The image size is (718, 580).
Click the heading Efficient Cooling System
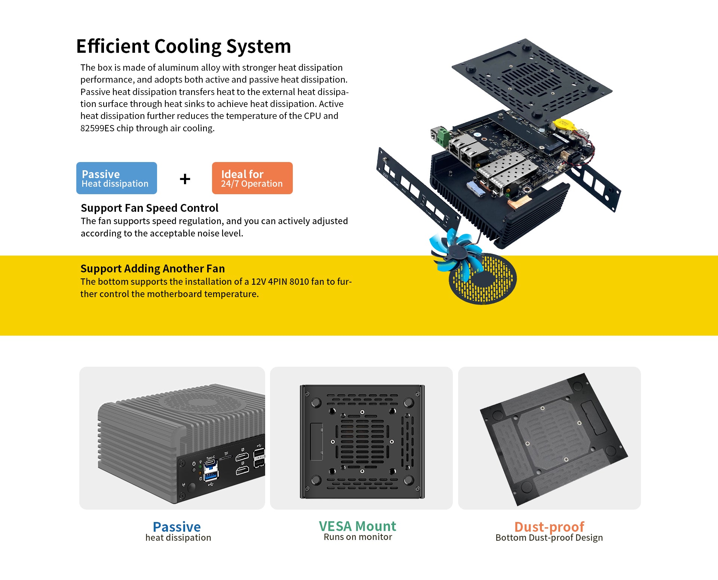coord(184,47)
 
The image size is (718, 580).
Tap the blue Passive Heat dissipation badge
coord(117,178)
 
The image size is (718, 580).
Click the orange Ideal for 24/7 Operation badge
coord(252,178)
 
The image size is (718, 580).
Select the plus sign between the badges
coord(185,179)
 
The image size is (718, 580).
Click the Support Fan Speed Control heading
coord(150,208)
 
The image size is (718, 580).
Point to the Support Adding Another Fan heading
coord(153,269)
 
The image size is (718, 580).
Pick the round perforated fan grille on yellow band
coord(483,279)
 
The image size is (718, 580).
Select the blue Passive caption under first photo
coord(177,527)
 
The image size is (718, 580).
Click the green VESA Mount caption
coord(358,526)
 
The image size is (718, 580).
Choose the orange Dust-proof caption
coord(549,527)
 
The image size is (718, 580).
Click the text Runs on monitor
coord(358,537)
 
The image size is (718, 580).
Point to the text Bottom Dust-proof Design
coord(549,538)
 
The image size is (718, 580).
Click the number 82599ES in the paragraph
coord(97,128)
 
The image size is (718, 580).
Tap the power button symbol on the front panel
coord(194,464)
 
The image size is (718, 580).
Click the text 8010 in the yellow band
coord(299,281)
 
